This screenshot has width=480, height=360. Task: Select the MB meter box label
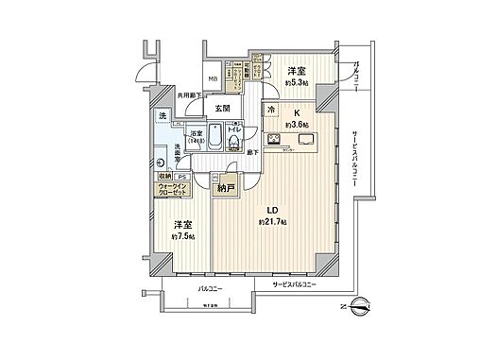[213, 79]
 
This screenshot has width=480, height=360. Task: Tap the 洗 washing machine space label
[163, 116]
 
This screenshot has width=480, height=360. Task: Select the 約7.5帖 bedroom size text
[182, 236]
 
